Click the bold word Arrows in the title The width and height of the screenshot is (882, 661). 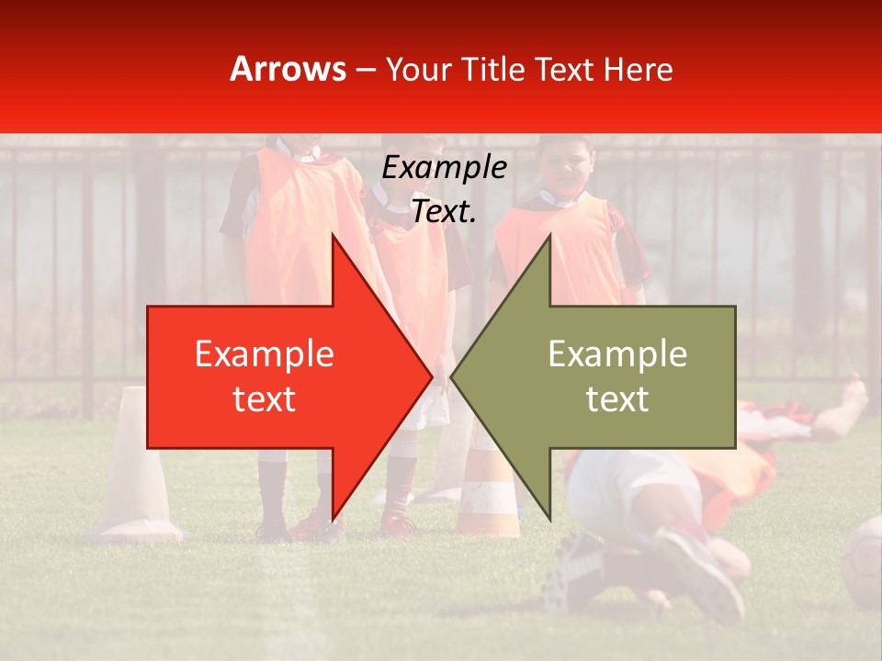click(x=288, y=69)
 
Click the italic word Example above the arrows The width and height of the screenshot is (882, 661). click(x=444, y=168)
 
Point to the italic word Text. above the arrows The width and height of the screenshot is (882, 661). click(x=444, y=212)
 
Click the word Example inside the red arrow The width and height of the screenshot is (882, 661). click(x=264, y=353)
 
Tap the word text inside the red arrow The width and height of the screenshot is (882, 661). click(x=264, y=398)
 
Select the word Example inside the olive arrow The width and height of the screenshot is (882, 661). click(x=617, y=353)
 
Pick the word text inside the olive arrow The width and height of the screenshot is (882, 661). click(x=617, y=398)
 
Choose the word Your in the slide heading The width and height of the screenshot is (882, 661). click(x=415, y=69)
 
